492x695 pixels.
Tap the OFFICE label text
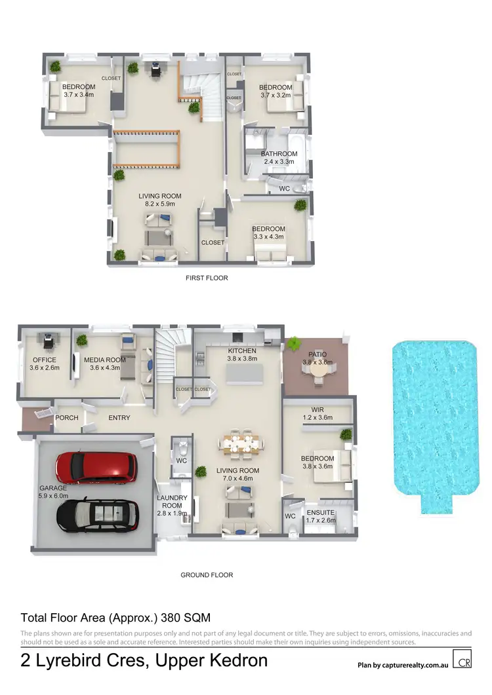45,360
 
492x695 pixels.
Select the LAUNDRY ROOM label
172,502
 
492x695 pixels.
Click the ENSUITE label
321,512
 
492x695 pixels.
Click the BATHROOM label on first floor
279,154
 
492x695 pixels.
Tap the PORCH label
67,418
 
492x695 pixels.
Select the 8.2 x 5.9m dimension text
159,204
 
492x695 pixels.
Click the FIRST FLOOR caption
207,278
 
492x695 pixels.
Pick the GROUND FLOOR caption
207,575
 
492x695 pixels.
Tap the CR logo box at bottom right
462,659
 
